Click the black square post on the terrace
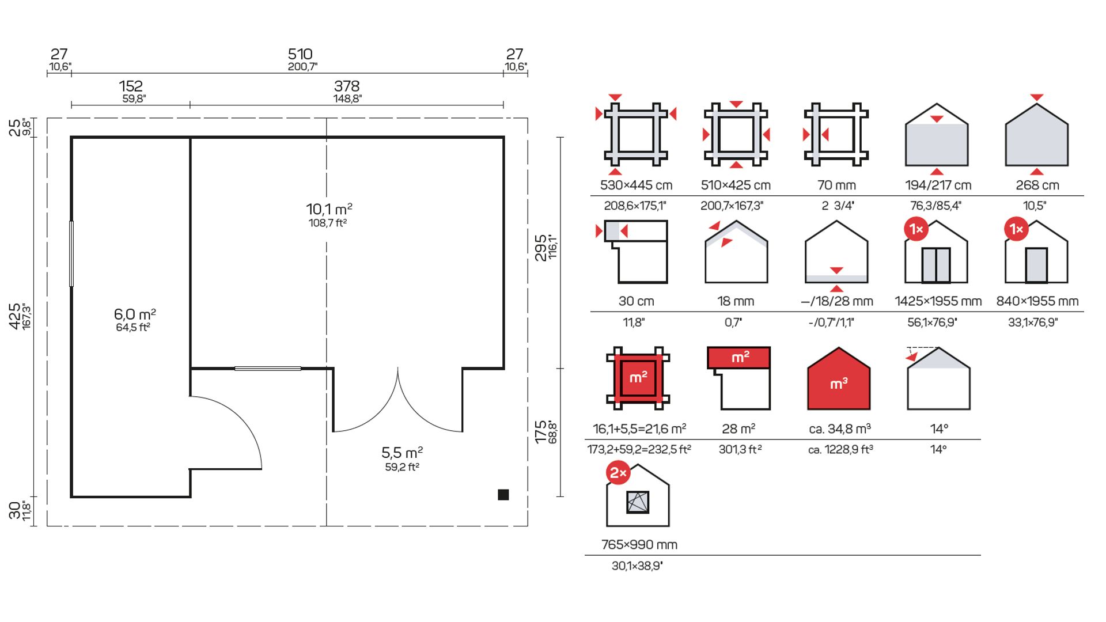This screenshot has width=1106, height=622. point(503,495)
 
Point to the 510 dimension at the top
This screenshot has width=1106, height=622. point(300,54)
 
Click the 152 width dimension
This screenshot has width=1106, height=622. point(131,86)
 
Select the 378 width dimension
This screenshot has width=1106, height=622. point(347,86)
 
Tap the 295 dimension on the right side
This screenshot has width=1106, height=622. point(540,248)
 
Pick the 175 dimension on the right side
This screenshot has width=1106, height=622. point(540,432)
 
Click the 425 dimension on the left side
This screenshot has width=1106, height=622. point(15,316)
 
